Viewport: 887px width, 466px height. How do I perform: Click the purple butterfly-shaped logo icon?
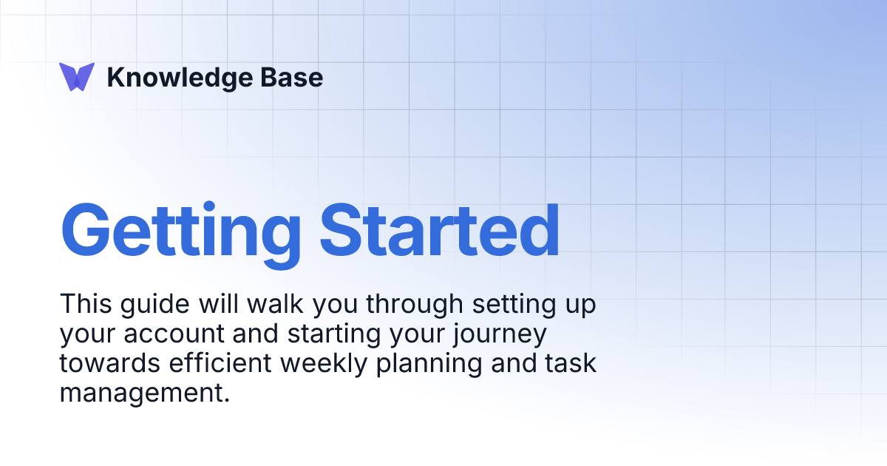77,77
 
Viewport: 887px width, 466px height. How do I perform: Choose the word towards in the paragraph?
105,363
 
